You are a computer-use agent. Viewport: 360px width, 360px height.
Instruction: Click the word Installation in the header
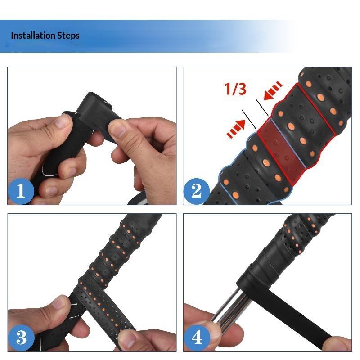tap(33, 36)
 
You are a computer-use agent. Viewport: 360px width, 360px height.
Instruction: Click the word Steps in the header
tap(68, 36)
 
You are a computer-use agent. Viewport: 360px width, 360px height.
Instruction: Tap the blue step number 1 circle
tap(21, 191)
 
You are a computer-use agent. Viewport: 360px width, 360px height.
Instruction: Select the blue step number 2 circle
tap(197, 191)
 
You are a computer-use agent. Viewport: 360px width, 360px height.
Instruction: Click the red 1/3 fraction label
tap(235, 89)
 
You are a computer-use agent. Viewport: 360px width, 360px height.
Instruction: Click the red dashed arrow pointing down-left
tap(273, 90)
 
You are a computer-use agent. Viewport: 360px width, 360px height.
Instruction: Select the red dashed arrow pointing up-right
tap(236, 129)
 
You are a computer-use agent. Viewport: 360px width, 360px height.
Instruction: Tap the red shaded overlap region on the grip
tap(282, 151)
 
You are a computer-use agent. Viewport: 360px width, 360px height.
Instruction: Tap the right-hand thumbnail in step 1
tap(119, 130)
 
